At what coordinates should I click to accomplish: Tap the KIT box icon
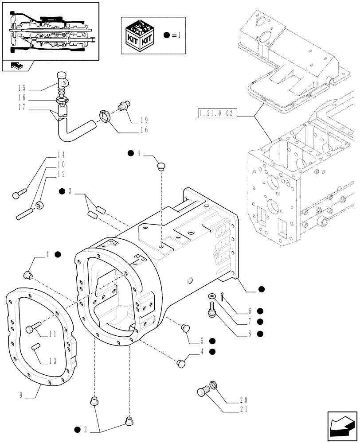coord(141,35)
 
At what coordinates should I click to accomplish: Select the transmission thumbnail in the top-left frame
coord(50,31)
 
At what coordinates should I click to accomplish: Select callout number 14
coord(61,155)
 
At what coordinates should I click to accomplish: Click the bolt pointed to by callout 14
coord(20,193)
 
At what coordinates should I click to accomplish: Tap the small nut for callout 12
coord(40,205)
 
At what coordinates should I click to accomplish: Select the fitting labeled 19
coord(124,105)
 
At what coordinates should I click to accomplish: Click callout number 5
coord(202,341)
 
